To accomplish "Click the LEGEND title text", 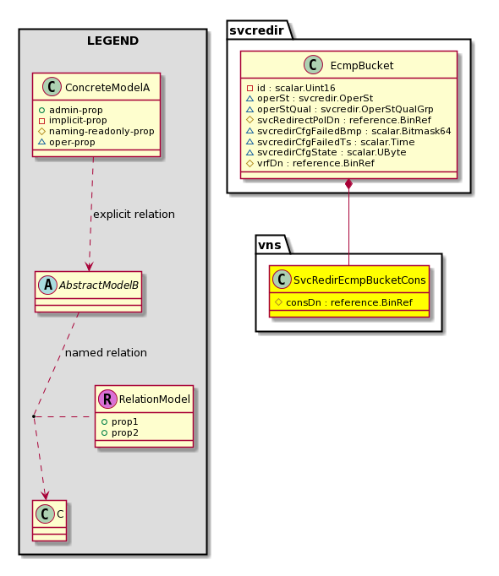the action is click(x=112, y=41).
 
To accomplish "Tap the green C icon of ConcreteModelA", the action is click(x=52, y=87).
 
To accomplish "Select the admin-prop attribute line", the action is click(x=70, y=110).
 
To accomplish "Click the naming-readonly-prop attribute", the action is click(x=96, y=131).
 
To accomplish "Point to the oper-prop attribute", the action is click(x=67, y=142).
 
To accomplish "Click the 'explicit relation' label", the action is click(x=134, y=215).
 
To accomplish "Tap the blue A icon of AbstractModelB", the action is click(x=48, y=285).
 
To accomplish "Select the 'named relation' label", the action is click(x=106, y=353).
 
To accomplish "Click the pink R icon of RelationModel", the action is click(x=107, y=399).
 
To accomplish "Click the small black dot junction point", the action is click(x=34, y=416).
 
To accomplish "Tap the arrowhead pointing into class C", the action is click(x=46, y=494).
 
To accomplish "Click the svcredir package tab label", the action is click(x=256, y=30).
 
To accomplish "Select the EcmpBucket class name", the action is click(x=362, y=65).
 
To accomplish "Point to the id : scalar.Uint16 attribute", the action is click(x=291, y=88).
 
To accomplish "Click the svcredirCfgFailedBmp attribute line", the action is click(x=348, y=131).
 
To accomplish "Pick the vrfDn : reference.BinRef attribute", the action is click(x=310, y=163).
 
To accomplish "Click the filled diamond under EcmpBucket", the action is click(x=348, y=184).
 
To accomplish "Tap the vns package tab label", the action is click(x=270, y=245).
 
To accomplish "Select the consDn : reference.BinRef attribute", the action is click(x=343, y=302).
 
